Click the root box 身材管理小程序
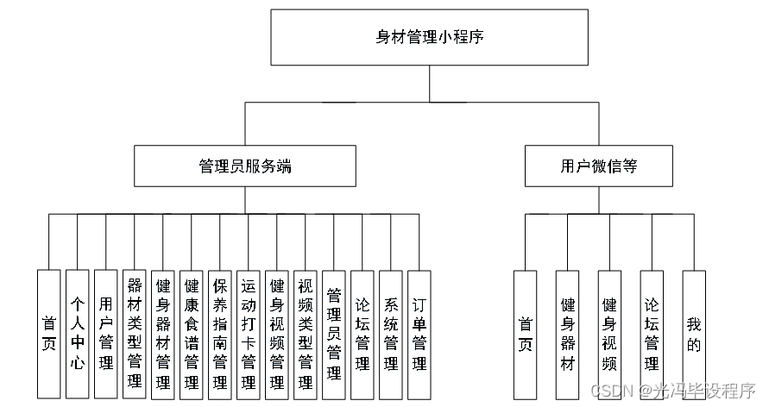[429, 37]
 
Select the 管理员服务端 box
[245, 166]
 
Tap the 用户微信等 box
[598, 166]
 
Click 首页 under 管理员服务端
[49, 333]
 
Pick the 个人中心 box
[78, 333]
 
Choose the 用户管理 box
[106, 333]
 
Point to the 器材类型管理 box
[135, 333]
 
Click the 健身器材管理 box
[163, 333]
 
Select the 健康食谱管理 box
[192, 333]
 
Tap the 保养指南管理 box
[220, 333]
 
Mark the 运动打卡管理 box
[249, 333]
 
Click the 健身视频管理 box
[277, 333]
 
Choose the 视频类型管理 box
[306, 333]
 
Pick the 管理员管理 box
[334, 333]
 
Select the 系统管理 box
[391, 333]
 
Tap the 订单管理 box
[419, 333]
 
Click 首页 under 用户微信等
[526, 333]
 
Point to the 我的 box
[694, 333]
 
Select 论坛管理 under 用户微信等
[652, 333]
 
